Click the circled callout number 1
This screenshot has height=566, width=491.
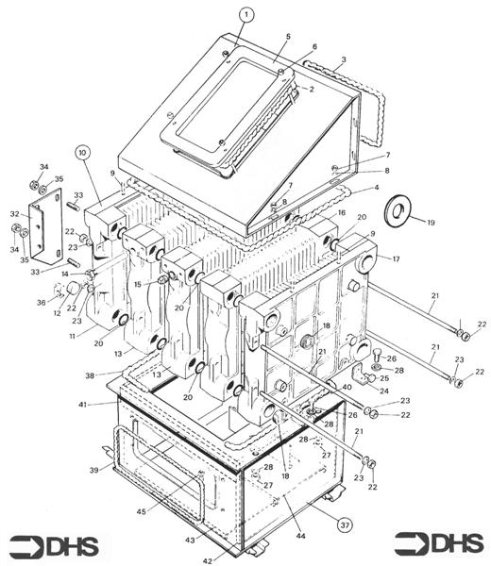tap(246, 15)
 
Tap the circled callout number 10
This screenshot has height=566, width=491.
tap(82, 153)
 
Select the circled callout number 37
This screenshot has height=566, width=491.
tap(345, 524)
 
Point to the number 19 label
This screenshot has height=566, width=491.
tap(431, 223)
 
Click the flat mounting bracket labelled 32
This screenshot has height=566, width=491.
tap(45, 227)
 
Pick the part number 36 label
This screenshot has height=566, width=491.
tap(42, 302)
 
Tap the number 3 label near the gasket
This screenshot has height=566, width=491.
tap(344, 59)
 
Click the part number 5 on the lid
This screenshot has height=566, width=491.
tap(288, 37)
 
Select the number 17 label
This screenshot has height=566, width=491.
tap(396, 258)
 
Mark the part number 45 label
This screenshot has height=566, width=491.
tap(142, 511)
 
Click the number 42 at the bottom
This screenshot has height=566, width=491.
tap(208, 560)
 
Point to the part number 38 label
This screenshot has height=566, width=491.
tap(90, 375)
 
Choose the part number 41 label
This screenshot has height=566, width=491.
tap(83, 405)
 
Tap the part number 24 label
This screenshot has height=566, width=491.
tap(384, 391)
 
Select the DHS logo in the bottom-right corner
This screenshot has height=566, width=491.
tap(439, 543)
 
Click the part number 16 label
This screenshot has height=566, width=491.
tap(342, 212)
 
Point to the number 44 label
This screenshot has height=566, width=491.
tap(300, 536)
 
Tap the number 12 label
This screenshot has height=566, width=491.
tap(57, 313)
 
